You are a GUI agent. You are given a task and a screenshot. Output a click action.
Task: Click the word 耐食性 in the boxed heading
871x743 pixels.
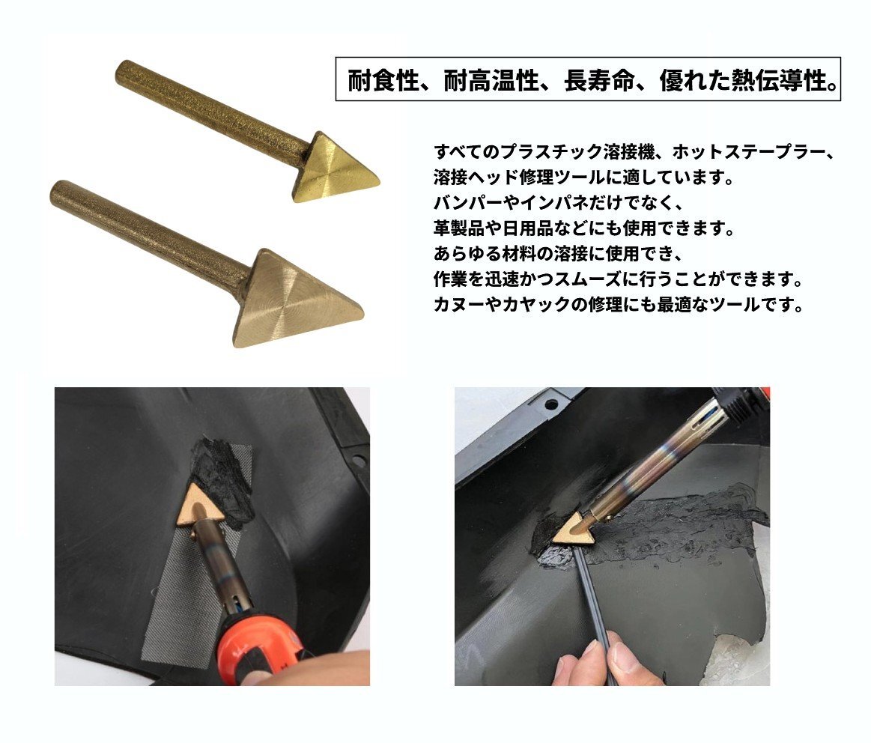[383, 81]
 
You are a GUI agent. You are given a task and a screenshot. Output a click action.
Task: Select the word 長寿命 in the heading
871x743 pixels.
[599, 81]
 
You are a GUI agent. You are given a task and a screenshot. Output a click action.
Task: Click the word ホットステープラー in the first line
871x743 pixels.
[747, 152]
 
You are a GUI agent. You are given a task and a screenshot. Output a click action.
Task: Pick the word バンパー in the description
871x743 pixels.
[468, 203]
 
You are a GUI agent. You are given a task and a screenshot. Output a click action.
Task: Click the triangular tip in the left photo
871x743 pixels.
[201, 505]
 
